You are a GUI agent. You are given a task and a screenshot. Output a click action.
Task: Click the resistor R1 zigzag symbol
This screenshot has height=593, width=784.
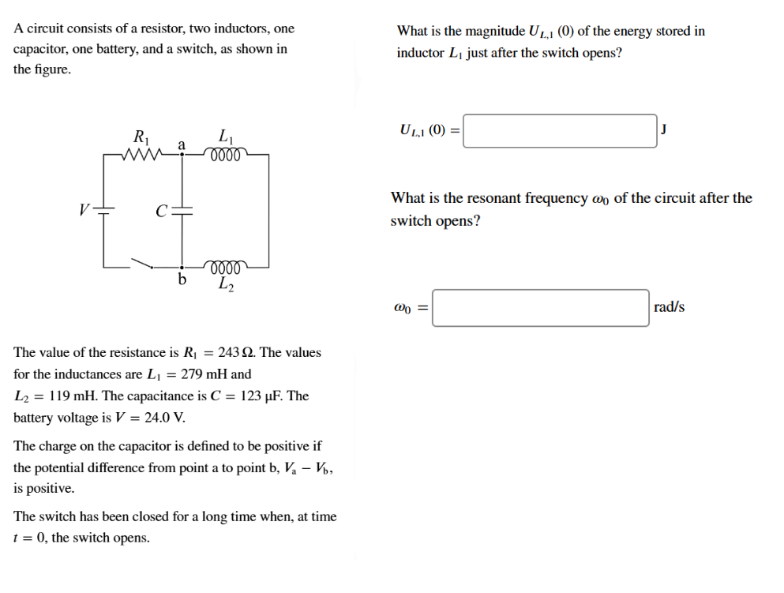[x=144, y=154]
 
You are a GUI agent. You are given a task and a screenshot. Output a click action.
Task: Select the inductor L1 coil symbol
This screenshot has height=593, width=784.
[x=227, y=153]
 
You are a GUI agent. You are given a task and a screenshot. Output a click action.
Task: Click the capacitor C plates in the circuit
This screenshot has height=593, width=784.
[x=183, y=211]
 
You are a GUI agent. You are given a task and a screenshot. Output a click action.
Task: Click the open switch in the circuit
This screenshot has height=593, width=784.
[x=143, y=262]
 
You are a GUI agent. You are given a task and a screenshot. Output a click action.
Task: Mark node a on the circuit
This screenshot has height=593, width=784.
[x=183, y=155]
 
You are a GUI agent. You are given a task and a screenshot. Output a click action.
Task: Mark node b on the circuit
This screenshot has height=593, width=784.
[x=183, y=267]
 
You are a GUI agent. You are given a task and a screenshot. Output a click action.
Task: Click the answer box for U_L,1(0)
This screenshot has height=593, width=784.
[x=560, y=131]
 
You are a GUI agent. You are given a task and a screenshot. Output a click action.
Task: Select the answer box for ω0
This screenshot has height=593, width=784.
[x=541, y=308]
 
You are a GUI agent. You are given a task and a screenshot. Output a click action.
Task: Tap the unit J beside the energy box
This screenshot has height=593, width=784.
[x=664, y=129]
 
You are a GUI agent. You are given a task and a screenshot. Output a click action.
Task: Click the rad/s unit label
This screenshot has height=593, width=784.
[x=670, y=307]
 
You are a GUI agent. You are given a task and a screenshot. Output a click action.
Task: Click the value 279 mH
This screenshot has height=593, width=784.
[x=204, y=374]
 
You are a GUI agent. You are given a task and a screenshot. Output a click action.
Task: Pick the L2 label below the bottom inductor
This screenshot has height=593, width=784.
[x=226, y=283]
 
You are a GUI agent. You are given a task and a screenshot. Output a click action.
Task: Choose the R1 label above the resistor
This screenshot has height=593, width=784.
[x=141, y=135]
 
